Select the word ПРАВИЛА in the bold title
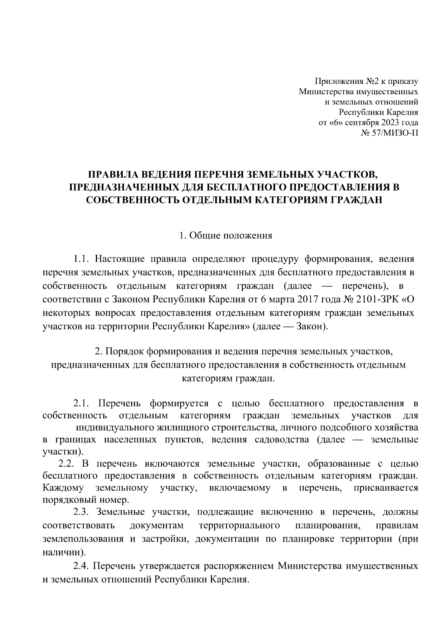(112, 174)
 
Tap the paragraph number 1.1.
(81, 258)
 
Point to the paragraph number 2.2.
(67, 464)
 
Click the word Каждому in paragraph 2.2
(63, 488)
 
